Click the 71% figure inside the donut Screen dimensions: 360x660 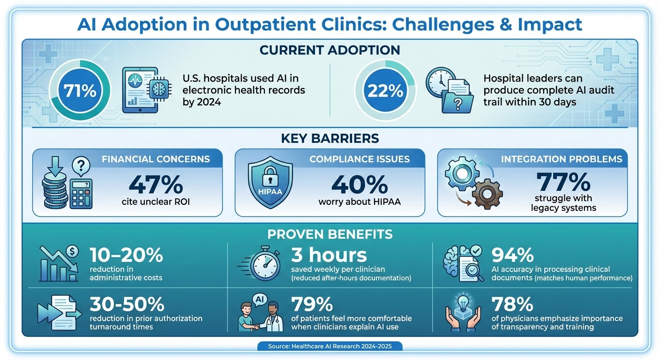tap(80, 90)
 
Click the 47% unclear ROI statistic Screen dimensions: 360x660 tap(156, 184)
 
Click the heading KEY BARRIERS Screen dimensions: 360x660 tap(330, 138)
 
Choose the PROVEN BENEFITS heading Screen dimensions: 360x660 tap(330, 233)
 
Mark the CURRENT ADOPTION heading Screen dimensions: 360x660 tap(330, 50)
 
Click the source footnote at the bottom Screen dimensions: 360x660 tap(330, 346)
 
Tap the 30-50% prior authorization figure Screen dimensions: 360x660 tap(127, 305)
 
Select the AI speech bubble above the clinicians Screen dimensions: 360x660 tap(259, 298)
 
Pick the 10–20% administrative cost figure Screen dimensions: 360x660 tap(126, 255)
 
